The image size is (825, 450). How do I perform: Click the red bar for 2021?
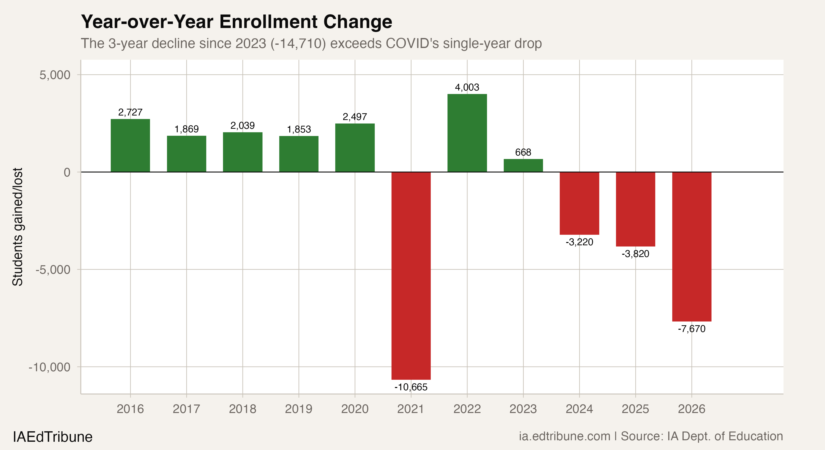point(411,275)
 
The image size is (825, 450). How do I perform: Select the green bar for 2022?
point(467,133)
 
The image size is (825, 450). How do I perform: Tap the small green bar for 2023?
point(523,165)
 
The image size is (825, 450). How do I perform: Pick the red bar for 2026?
point(691,246)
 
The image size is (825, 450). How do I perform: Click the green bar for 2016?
point(130,145)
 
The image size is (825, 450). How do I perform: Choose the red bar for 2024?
point(579,203)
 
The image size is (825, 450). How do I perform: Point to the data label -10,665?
point(411,387)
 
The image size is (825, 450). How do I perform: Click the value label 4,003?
point(467,87)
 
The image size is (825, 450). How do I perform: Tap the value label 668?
point(523,152)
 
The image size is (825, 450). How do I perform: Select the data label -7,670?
point(691,329)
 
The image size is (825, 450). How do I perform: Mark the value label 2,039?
point(242,125)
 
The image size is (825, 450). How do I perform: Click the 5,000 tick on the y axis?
point(55,75)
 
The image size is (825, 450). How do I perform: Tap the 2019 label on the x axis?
point(298,409)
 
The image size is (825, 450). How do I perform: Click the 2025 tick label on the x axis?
point(635,409)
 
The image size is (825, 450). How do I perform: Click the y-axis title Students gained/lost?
point(17,227)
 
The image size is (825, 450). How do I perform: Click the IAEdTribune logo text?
point(52,437)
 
